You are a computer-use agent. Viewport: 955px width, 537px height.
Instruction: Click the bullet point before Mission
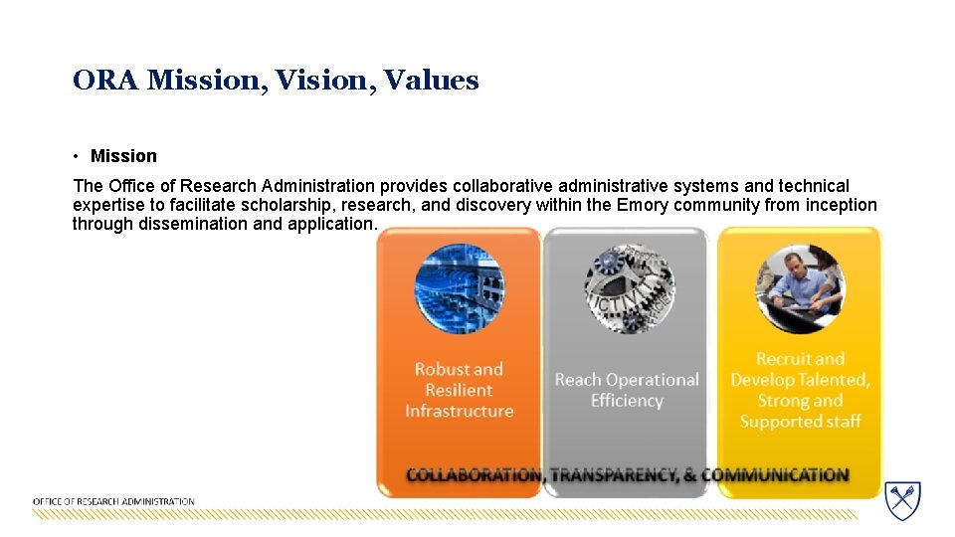(76, 156)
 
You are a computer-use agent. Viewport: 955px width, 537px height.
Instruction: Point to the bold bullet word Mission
(123, 156)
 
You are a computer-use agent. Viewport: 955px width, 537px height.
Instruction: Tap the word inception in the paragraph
(842, 205)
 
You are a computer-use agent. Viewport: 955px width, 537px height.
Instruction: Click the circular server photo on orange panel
(459, 288)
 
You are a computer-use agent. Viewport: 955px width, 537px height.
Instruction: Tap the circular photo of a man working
(800, 288)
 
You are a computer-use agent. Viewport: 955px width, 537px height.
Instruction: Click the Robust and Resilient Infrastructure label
(459, 390)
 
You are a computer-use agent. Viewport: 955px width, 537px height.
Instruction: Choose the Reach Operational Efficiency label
(627, 390)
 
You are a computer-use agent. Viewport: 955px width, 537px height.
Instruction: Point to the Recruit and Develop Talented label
(800, 390)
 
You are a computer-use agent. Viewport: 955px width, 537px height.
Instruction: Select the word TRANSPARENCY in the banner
(613, 475)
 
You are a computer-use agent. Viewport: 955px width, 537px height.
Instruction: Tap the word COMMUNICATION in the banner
(776, 475)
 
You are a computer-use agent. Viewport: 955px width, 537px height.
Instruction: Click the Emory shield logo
(903, 500)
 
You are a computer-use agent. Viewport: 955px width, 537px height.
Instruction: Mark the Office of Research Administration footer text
(113, 502)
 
